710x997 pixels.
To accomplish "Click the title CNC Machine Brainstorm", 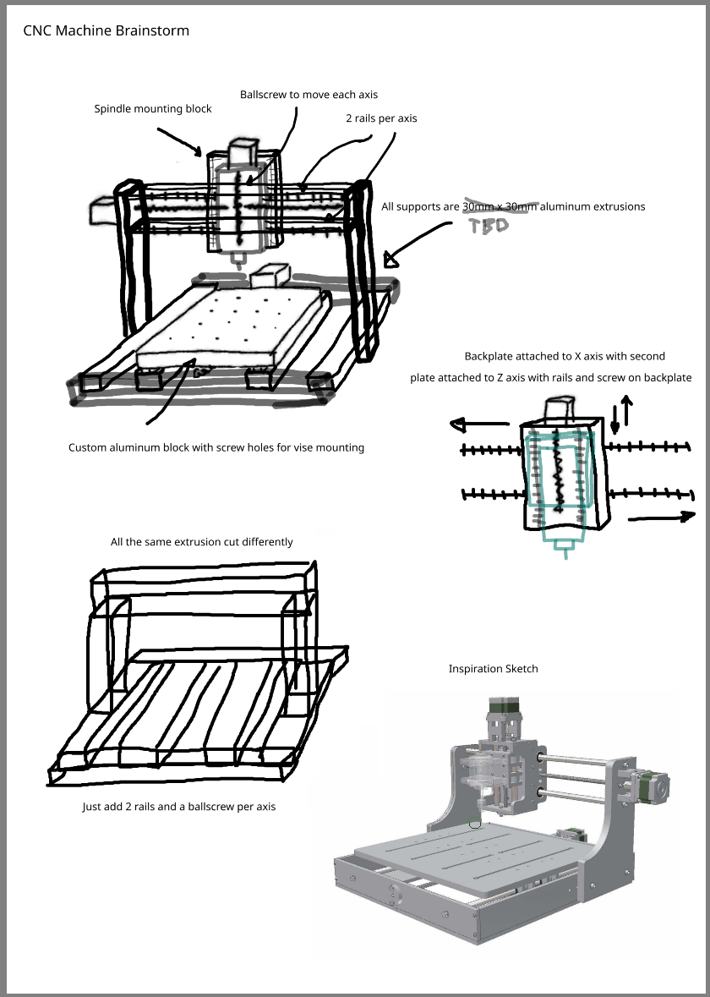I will point(106,31).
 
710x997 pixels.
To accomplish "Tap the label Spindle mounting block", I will point(153,109).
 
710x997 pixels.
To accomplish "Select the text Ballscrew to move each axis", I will point(309,95).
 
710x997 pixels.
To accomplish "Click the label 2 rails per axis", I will point(381,118).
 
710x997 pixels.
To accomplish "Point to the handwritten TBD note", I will point(489,226).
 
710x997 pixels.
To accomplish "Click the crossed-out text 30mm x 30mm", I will point(500,206).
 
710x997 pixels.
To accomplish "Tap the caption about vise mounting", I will point(216,447).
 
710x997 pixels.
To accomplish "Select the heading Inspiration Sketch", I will point(493,669).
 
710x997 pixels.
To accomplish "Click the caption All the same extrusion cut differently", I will point(202,541).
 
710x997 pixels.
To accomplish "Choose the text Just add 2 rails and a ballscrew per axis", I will point(178,807).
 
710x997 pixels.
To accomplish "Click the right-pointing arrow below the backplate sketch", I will point(664,515).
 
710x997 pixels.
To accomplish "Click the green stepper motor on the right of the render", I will point(653,784).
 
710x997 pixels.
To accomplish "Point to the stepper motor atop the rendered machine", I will point(505,712).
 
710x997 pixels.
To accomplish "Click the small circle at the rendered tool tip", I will point(475,823).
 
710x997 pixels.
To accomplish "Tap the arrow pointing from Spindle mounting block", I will point(181,142).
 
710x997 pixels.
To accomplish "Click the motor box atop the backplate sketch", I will point(559,410).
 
